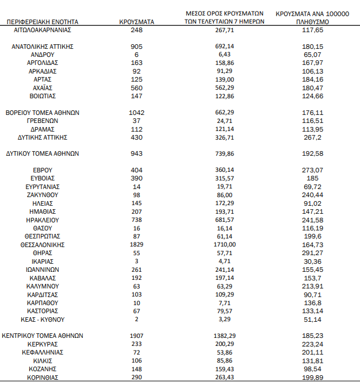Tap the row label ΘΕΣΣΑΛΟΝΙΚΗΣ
tap(43, 244)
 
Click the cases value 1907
tap(137, 335)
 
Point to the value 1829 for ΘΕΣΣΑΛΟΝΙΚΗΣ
tap(137, 244)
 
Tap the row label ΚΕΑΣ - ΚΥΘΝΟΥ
tap(43, 319)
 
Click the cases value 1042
tap(137, 112)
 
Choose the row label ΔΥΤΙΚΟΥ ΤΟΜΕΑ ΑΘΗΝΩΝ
tap(43, 153)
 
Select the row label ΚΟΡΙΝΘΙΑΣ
tap(43, 377)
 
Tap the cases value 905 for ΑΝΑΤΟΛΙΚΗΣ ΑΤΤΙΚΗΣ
tap(137, 45)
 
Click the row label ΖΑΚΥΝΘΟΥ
tap(43, 195)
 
